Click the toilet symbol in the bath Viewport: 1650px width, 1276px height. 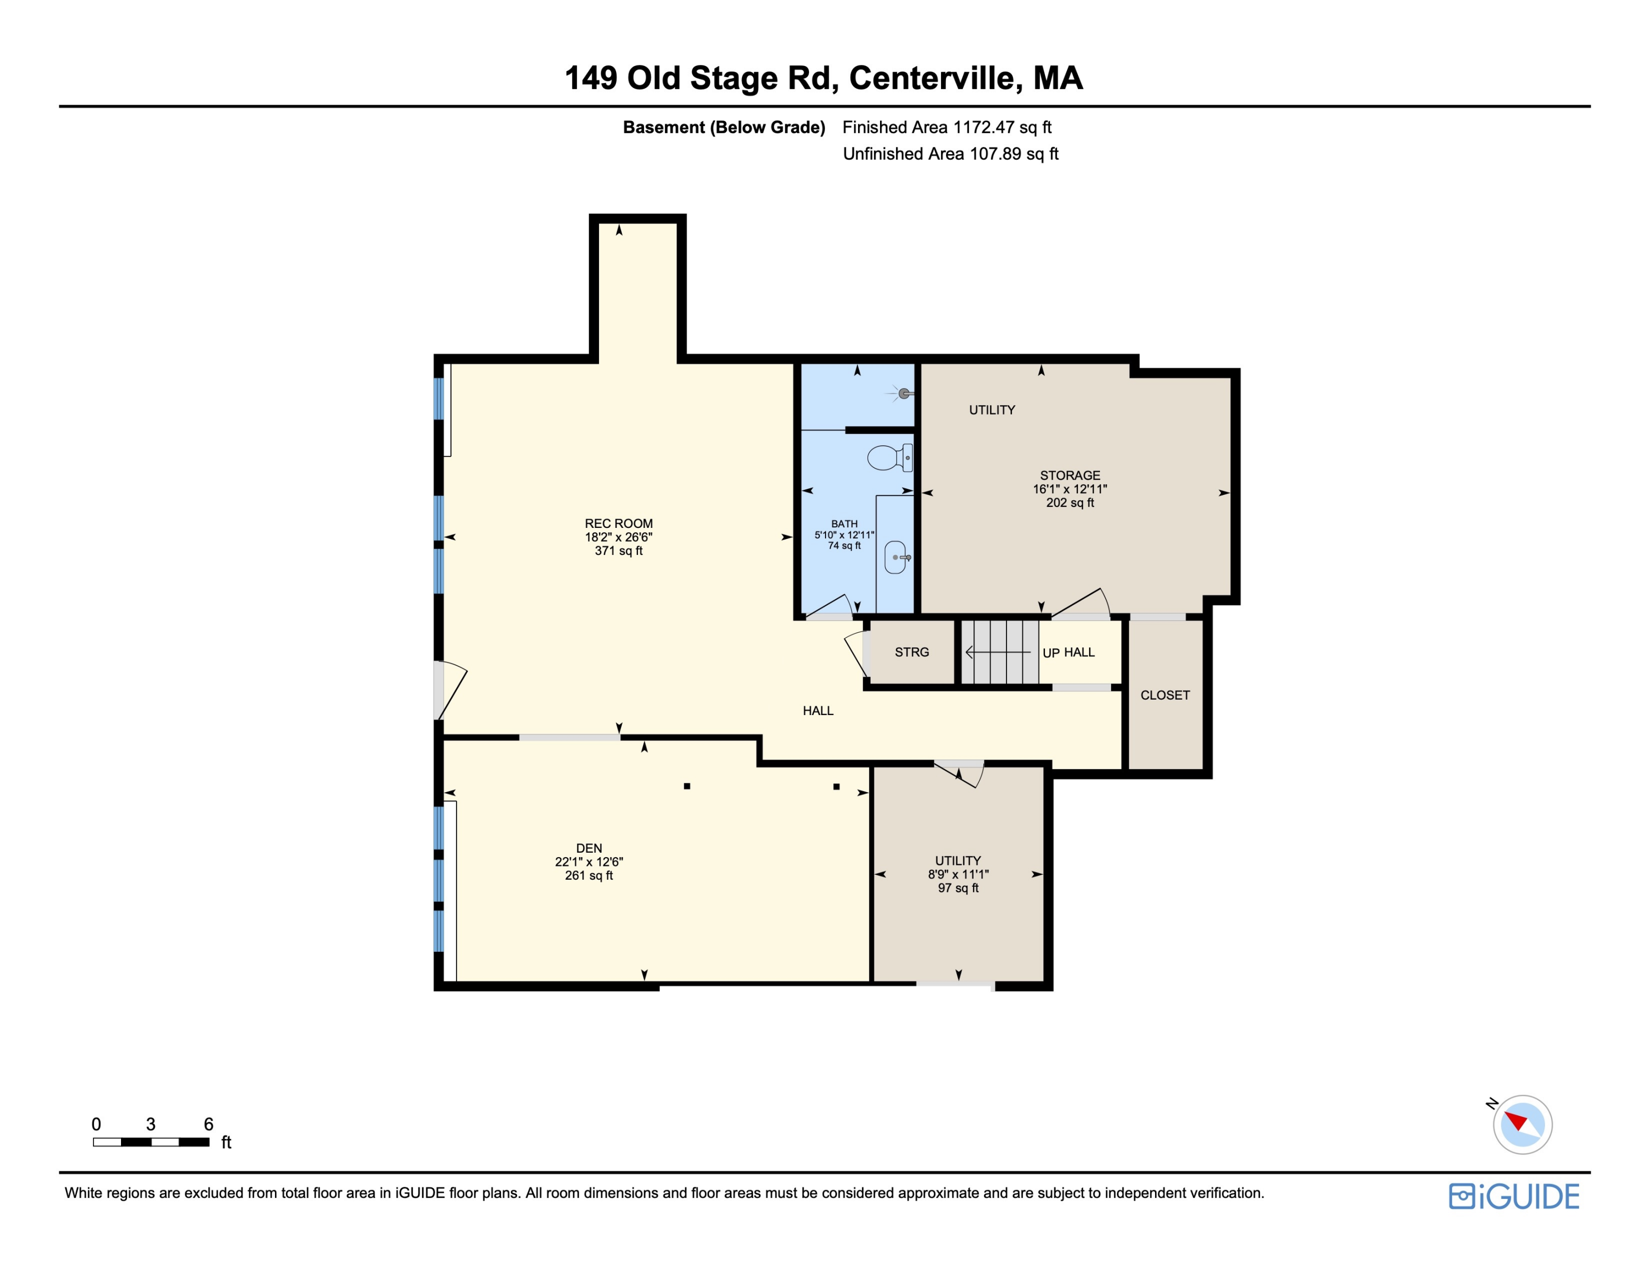[x=889, y=458]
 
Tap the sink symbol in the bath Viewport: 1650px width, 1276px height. [x=896, y=557]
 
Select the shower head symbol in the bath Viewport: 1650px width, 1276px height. [x=904, y=393]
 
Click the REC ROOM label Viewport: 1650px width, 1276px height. [x=618, y=523]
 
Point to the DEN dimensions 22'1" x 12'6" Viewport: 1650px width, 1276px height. [x=588, y=861]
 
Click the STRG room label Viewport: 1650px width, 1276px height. [x=912, y=652]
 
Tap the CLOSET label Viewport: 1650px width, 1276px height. [x=1164, y=695]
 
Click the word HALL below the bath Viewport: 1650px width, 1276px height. [x=817, y=711]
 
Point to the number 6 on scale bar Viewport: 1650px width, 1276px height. [x=208, y=1124]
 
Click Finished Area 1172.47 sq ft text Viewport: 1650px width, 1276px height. [x=947, y=127]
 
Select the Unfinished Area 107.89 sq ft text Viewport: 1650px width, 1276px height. [x=950, y=154]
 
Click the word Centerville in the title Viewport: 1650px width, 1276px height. [x=936, y=78]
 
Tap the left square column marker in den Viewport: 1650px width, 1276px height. [x=687, y=786]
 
